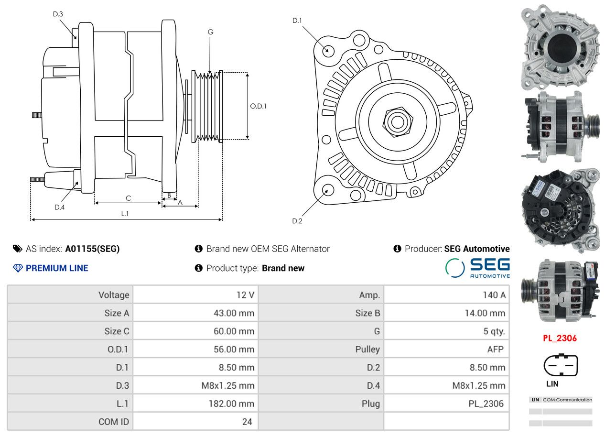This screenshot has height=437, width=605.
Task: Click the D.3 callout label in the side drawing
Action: pyautogui.click(x=58, y=14)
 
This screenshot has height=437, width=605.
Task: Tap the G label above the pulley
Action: pyautogui.click(x=210, y=32)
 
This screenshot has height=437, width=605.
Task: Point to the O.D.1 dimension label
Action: pyautogui.click(x=258, y=106)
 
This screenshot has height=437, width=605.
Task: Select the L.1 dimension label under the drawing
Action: pyautogui.click(x=125, y=214)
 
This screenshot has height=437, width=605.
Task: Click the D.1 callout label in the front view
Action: pyautogui.click(x=297, y=20)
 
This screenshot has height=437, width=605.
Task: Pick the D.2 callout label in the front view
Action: pyautogui.click(x=297, y=221)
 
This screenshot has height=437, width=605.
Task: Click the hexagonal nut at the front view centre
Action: pyautogui.click(x=398, y=122)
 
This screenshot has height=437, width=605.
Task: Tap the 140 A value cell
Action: pyautogui.click(x=494, y=295)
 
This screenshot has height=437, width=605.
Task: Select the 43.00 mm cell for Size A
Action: pyautogui.click(x=234, y=313)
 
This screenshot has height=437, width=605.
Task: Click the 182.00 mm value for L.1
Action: pyautogui.click(x=231, y=404)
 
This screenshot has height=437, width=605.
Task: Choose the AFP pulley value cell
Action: pyautogui.click(x=496, y=349)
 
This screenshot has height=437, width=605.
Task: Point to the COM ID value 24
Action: pyautogui.click(x=247, y=422)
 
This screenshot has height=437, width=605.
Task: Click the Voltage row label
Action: pyautogui.click(x=114, y=295)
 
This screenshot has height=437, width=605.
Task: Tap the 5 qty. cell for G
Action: pyautogui.click(x=494, y=331)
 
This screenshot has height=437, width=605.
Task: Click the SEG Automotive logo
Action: pyautogui.click(x=477, y=268)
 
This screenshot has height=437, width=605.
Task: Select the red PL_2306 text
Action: pyautogui.click(x=560, y=338)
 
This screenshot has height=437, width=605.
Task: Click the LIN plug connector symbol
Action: pyautogui.click(x=561, y=365)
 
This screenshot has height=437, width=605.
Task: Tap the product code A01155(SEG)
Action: pyautogui.click(x=92, y=249)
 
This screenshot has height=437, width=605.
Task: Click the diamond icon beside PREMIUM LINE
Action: pyautogui.click(x=18, y=268)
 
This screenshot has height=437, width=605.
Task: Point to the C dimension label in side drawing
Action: pyautogui.click(x=128, y=198)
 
